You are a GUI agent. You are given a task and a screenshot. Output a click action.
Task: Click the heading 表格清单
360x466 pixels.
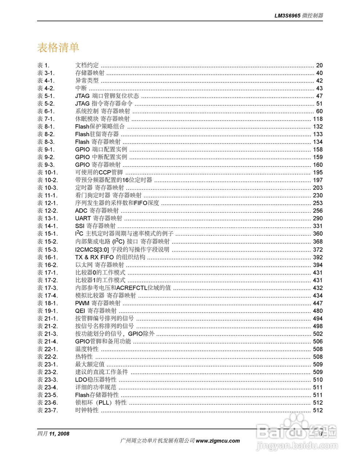tap(58, 48)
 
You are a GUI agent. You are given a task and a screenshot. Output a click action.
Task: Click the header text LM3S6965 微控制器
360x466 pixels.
tap(298, 16)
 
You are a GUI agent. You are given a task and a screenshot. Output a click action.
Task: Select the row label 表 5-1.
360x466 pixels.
tap(46, 96)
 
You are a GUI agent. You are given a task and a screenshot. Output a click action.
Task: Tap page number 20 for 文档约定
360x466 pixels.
tap(319, 66)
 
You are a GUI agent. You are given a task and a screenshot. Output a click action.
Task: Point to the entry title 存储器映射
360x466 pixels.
tap(90, 73)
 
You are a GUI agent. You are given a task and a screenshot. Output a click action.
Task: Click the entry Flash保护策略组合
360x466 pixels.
tap(100, 127)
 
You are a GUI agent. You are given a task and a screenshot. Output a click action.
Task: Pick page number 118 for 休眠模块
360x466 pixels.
tap(317, 119)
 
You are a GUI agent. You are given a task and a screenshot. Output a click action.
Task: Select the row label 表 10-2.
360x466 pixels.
tap(47, 180)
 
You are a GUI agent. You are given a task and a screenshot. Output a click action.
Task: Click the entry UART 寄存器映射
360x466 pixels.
tap(99, 218)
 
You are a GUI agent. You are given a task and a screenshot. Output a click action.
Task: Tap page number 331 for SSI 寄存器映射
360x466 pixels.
tap(317, 226)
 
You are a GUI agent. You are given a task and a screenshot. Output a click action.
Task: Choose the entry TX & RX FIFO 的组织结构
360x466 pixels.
tap(110, 257)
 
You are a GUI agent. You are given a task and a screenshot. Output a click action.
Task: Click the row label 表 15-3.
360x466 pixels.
tap(47, 250)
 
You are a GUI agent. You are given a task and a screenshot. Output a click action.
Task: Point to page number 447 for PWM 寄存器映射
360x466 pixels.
tap(317, 303)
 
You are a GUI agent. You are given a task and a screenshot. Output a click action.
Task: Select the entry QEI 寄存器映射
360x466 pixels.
tap(96, 311)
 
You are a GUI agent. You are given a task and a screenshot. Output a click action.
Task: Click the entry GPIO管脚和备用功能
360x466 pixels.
tap(103, 341)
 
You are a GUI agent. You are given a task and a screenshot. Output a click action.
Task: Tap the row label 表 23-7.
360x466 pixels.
tap(47, 410)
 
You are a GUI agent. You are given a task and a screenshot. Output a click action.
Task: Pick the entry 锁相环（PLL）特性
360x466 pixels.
tap(101, 403)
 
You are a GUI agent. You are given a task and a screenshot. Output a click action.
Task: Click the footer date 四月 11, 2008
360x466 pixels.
tap(53, 434)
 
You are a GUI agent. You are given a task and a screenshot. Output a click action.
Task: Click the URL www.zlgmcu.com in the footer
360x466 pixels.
tap(218, 441)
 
